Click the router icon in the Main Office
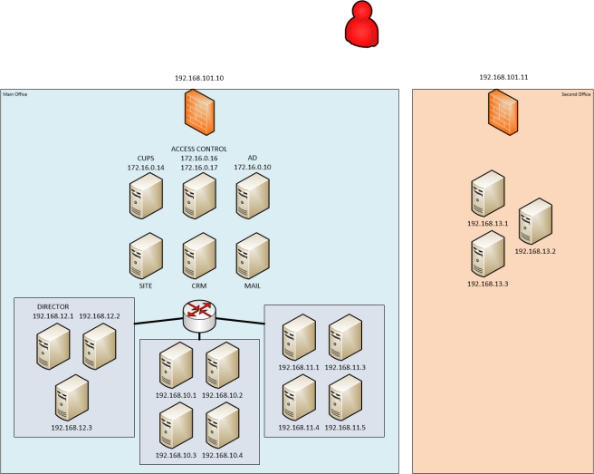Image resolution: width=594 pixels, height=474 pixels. tap(199, 315)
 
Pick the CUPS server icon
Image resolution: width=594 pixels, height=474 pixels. tap(145, 195)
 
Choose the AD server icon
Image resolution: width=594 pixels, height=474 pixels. tap(253, 195)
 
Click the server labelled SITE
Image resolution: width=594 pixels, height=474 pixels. tap(145, 256)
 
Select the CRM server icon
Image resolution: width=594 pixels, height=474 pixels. tap(199, 256)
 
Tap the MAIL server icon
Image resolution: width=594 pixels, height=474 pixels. tap(253, 256)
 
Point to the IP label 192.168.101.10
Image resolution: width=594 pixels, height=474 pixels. tap(199, 79)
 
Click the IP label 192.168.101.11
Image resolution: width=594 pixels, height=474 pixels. tap(503, 78)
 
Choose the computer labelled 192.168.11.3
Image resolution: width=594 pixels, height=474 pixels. tap(345, 338)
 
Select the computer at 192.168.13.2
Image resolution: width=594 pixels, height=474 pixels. tap(535, 221)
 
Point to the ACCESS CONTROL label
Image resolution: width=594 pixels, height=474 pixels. tap(199, 149)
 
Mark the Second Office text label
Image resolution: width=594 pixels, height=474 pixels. tap(576, 94)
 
